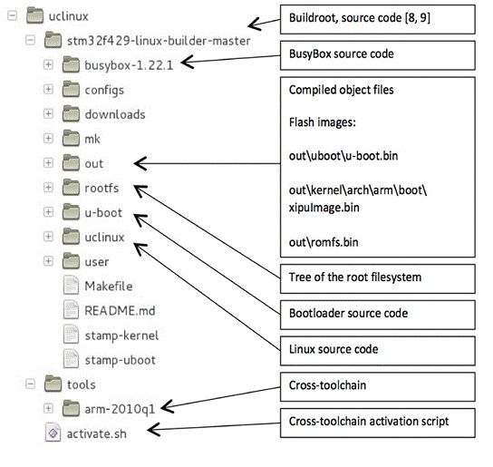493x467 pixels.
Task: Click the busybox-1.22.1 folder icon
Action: pyautogui.click(x=71, y=64)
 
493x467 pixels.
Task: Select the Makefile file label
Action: pyautogui.click(x=109, y=287)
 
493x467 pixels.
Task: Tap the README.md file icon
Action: pyautogui.click(x=71, y=310)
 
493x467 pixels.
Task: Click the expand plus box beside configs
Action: pyautogui.click(x=48, y=90)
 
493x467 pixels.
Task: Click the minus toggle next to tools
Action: pyautogui.click(x=30, y=384)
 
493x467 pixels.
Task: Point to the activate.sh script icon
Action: pyautogui.click(x=53, y=433)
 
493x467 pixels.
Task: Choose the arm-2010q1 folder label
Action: pyautogui.click(x=121, y=409)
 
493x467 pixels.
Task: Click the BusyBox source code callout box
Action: pyautogui.click(x=378, y=55)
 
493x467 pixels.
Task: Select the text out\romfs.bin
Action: pyautogui.click(x=324, y=242)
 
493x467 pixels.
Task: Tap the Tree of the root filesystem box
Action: pyautogui.click(x=378, y=278)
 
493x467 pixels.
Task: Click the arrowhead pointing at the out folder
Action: pyautogui.click(x=140, y=163)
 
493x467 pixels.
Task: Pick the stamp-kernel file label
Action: pyautogui.click(x=121, y=336)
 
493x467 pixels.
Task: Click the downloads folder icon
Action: pyautogui.click(x=71, y=113)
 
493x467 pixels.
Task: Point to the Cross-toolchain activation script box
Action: pyautogui.click(x=378, y=423)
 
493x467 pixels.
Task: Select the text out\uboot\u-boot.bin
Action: pyautogui.click(x=343, y=156)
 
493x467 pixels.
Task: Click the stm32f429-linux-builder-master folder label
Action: pyautogui.click(x=159, y=41)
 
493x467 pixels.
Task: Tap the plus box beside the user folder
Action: pyautogui.click(x=48, y=261)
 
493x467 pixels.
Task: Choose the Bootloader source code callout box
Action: pyautogui.click(x=378, y=315)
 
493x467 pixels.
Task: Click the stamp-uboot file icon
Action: pyautogui.click(x=71, y=359)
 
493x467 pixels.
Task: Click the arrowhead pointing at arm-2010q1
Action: pyautogui.click(x=167, y=407)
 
